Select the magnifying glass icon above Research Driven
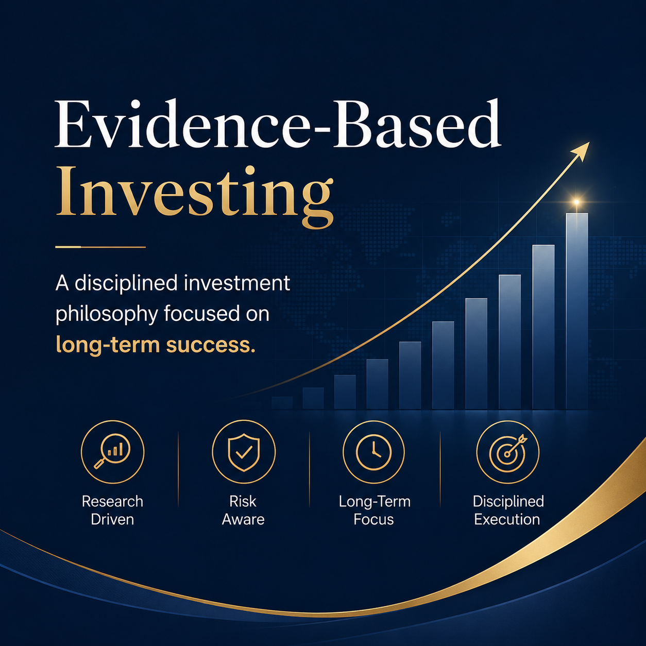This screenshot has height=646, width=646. click(x=113, y=452)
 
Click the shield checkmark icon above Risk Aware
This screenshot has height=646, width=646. click(x=244, y=452)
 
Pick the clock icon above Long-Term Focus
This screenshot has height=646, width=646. click(x=374, y=452)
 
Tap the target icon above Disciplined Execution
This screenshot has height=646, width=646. click(x=508, y=452)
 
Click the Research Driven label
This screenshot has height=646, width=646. click(x=113, y=510)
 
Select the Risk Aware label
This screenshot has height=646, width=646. click(x=243, y=510)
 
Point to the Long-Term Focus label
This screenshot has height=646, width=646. click(x=375, y=510)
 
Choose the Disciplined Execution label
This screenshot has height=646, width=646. click(x=508, y=510)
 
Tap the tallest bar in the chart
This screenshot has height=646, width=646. click(x=577, y=311)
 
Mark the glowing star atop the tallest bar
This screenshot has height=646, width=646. click(x=576, y=202)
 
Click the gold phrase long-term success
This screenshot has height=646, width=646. click(x=156, y=345)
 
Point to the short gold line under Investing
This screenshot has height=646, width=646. click(x=100, y=247)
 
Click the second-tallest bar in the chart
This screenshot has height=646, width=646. click(x=543, y=327)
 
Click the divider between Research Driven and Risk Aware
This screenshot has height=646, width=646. click(x=178, y=469)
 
